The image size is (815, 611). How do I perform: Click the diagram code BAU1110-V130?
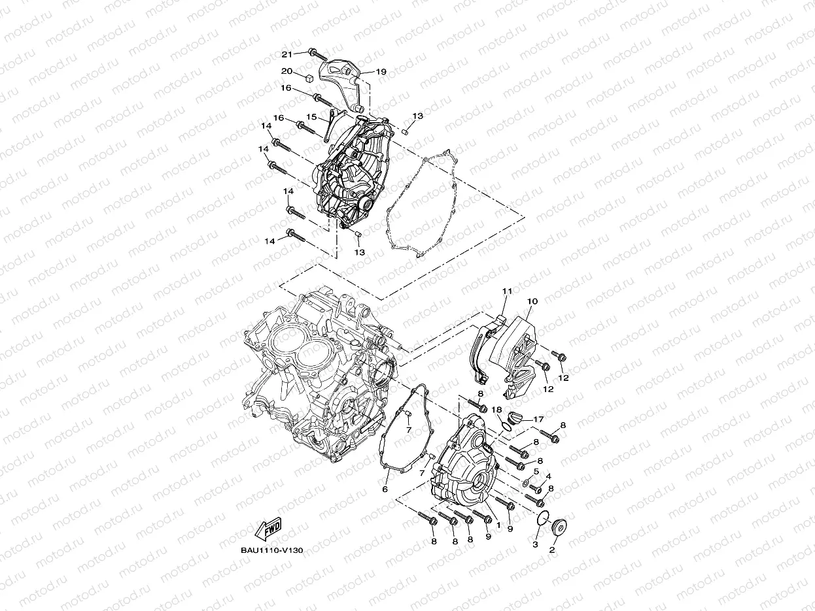[271, 550]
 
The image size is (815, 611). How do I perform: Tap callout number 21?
[287, 54]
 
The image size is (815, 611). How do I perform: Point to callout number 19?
[381, 72]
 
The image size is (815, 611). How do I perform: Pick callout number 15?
[312, 118]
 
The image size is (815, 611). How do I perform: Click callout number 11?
[507, 290]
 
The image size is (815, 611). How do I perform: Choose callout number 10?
[532, 301]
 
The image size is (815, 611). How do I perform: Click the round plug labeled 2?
[560, 527]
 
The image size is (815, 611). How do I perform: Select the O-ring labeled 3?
[540, 520]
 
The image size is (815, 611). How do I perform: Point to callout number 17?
[538, 420]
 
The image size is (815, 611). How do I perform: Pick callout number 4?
[548, 476]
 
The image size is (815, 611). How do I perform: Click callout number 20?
[287, 71]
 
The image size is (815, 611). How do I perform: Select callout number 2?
[551, 550]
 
